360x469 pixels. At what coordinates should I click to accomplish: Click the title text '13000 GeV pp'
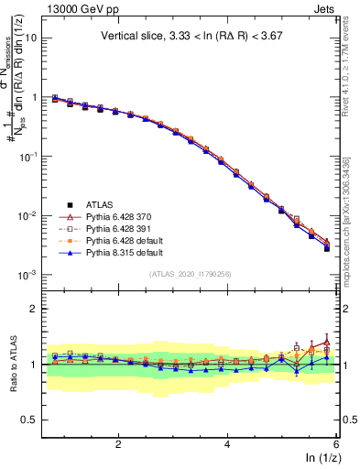coord(80,10)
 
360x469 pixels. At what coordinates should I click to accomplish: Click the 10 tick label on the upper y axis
coord(31,38)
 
